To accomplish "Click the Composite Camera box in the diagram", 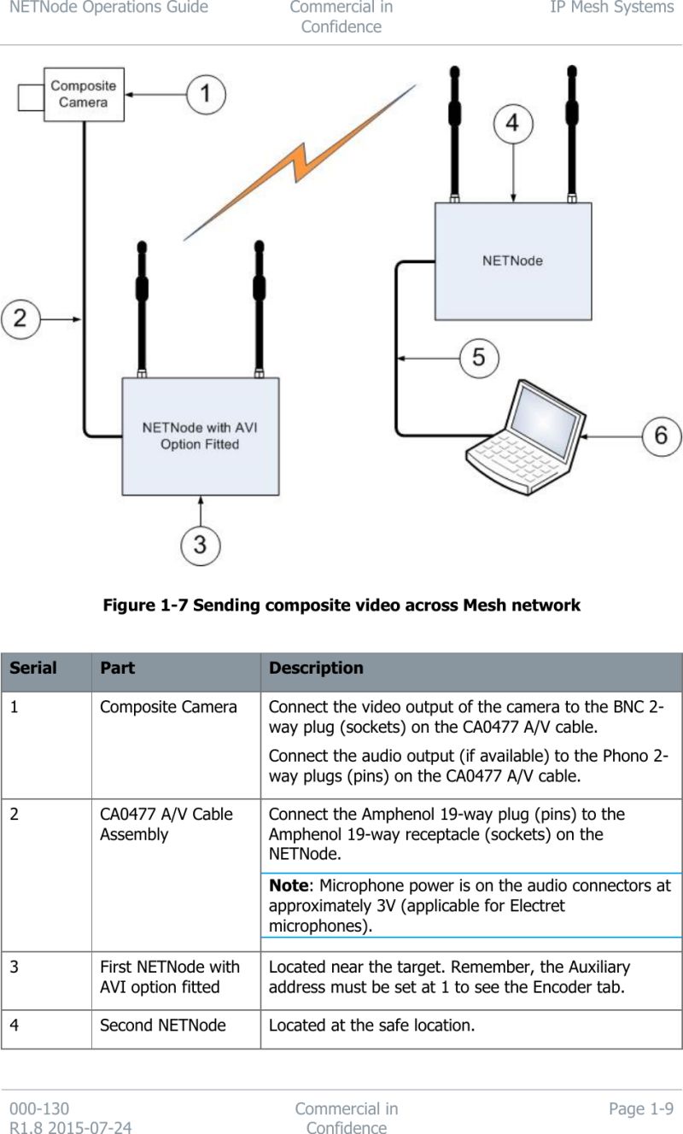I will tap(83, 94).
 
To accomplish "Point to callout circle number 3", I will tap(199, 544).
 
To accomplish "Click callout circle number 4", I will tap(511, 123).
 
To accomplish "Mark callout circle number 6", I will tap(661, 435).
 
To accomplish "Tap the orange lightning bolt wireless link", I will tap(299, 162).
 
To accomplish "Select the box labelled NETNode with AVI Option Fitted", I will tap(200, 435).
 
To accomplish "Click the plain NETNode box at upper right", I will tap(512, 260).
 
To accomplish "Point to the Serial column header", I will tap(33, 669).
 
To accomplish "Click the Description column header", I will tap(316, 669).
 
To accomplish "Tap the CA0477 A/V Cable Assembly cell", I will tap(166, 824).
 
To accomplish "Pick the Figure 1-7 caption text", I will tap(341, 605).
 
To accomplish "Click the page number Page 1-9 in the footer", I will tap(640, 1109).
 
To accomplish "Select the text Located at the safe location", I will tap(371, 1025).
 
